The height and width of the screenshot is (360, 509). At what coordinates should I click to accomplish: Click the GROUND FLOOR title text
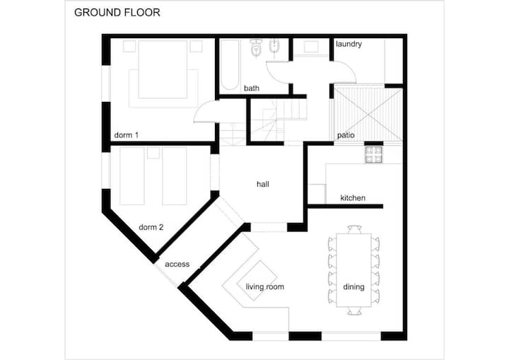(x=117, y=12)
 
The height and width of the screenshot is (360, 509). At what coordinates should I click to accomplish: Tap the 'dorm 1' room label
(x=127, y=135)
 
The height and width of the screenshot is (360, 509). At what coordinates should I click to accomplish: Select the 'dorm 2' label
(x=151, y=227)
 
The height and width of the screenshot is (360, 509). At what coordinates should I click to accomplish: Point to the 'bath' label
(x=252, y=88)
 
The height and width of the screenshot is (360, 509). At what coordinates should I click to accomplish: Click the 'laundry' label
(x=349, y=44)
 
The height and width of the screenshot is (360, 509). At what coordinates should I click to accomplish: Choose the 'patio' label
(x=346, y=135)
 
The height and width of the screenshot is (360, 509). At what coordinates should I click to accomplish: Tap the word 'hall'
(x=263, y=184)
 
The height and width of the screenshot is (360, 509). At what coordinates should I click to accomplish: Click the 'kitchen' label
(x=353, y=198)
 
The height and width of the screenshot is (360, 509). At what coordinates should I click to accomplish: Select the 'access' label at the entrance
(x=177, y=264)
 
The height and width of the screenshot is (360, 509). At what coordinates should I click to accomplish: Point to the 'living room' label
(x=265, y=286)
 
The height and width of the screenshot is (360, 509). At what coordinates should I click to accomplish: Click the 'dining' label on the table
(x=354, y=286)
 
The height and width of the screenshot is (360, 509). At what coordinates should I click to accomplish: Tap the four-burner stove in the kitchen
(x=374, y=154)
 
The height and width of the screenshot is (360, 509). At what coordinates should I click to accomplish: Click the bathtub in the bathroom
(x=230, y=64)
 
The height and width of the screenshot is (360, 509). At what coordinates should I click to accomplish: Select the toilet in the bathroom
(x=257, y=48)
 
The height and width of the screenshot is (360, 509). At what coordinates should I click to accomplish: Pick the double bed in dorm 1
(x=163, y=69)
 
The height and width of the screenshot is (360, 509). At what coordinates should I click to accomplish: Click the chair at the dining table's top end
(x=354, y=229)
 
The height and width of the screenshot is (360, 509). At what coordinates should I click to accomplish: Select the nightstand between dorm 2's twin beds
(x=153, y=153)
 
